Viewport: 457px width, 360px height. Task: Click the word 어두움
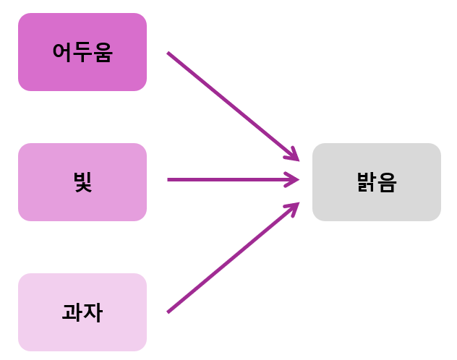point(82,52)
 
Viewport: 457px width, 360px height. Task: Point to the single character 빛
point(82,182)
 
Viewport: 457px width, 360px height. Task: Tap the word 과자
point(82,312)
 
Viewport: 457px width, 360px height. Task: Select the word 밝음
point(376,182)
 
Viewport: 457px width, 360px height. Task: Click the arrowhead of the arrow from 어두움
point(294,155)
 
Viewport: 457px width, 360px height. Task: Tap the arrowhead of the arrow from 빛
point(294,179)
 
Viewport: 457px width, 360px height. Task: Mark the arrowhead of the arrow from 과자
point(294,206)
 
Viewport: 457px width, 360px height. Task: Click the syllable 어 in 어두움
point(62,52)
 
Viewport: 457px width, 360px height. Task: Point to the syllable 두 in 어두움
point(82,52)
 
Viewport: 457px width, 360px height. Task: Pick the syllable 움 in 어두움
point(103,52)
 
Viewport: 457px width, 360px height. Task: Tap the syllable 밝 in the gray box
point(366,182)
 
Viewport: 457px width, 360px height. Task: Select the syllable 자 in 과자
point(93,312)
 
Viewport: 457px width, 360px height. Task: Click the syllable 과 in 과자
point(72,312)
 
